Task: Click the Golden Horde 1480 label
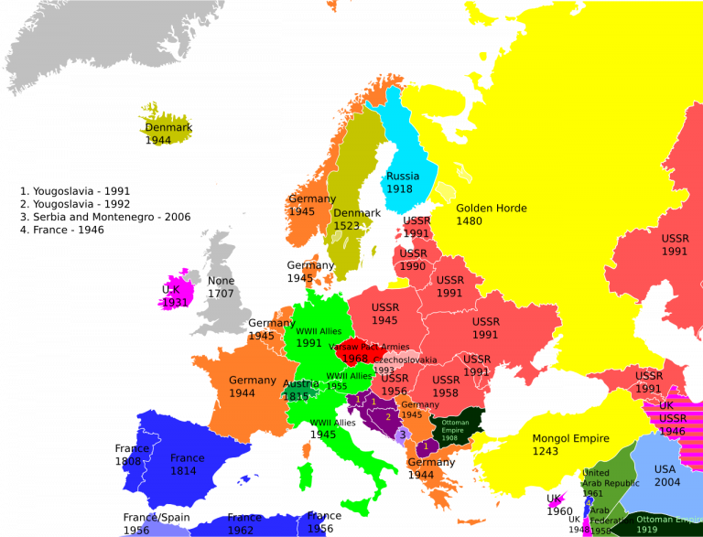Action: pos(491,214)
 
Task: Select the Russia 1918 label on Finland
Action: pos(402,182)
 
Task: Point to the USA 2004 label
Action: pos(667,476)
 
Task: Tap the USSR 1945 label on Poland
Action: pos(385,313)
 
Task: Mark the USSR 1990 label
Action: pos(413,260)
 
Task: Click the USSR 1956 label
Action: pos(395,384)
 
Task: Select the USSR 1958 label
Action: pos(446,386)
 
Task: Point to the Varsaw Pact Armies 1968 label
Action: pos(369,352)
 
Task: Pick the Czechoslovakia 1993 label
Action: pos(403,364)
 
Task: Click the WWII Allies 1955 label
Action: pos(349,381)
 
